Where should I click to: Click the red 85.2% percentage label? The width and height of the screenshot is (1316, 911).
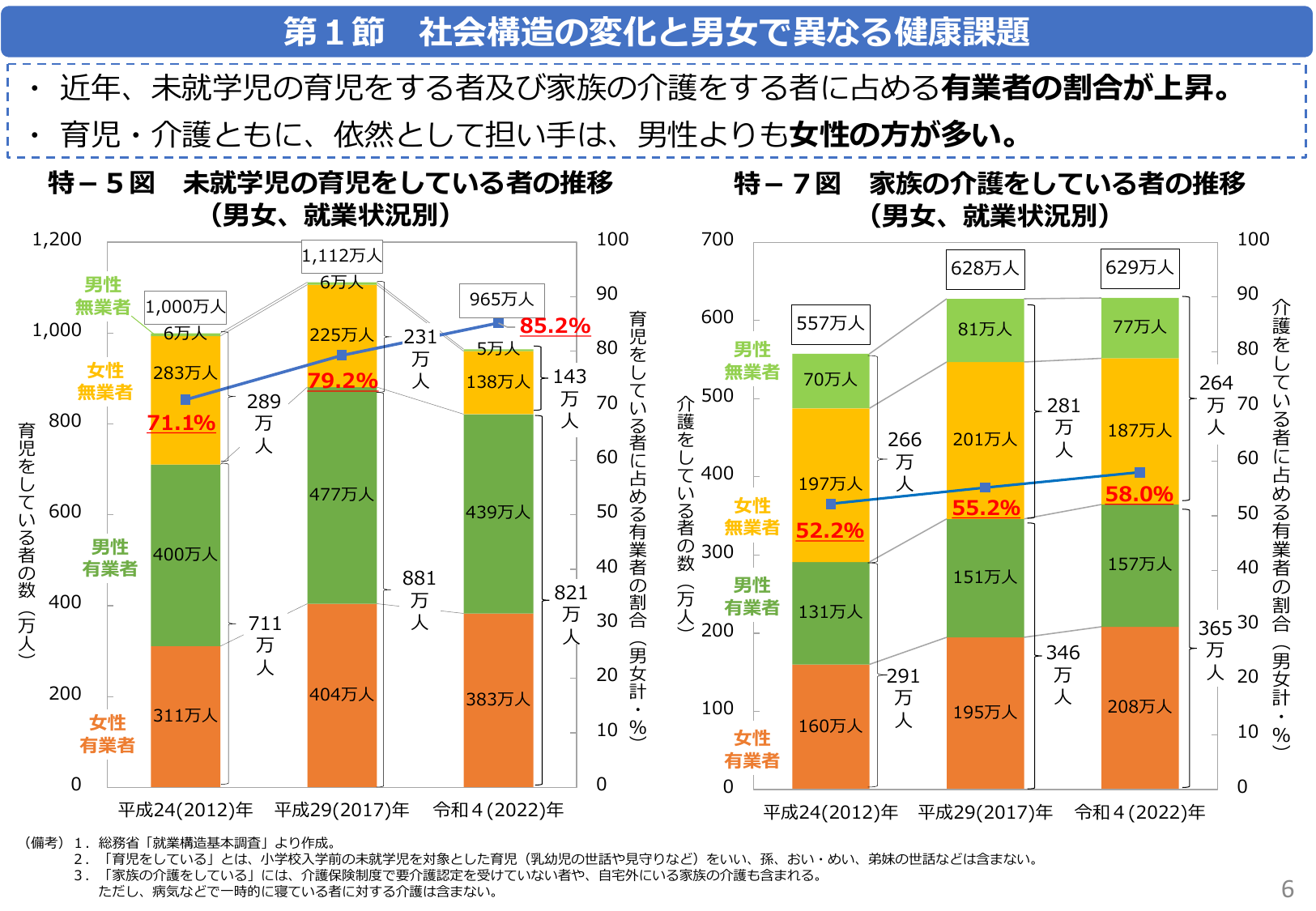click(x=555, y=326)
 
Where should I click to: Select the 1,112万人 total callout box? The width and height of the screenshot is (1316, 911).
click(x=342, y=256)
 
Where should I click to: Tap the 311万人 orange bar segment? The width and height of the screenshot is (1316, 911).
click(x=185, y=716)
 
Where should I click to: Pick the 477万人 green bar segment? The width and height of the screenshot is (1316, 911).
click(x=342, y=494)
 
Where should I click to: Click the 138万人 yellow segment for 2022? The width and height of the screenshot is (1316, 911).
click(x=498, y=381)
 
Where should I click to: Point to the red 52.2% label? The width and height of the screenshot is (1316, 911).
click(x=829, y=530)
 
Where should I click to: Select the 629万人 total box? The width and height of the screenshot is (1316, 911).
click(x=1139, y=268)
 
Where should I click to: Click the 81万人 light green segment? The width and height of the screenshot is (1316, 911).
click(x=985, y=330)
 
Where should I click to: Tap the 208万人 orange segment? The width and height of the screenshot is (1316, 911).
click(x=1139, y=707)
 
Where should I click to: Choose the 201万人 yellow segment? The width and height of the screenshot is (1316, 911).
click(x=985, y=440)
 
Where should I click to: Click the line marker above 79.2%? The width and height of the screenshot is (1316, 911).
click(x=342, y=355)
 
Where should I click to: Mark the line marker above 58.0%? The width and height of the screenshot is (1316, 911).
click(x=1139, y=472)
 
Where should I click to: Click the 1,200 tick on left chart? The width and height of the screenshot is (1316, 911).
click(x=57, y=240)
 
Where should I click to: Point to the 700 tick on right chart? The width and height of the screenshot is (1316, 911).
click(x=718, y=240)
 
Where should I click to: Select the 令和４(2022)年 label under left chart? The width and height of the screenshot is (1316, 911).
click(x=498, y=810)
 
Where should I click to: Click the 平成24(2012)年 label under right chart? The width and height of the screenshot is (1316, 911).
click(x=830, y=812)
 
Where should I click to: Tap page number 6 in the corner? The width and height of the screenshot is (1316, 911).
click(x=1288, y=889)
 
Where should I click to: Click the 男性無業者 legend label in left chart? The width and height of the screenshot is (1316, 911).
click(x=103, y=296)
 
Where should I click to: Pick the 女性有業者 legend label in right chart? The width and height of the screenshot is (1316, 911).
click(x=752, y=749)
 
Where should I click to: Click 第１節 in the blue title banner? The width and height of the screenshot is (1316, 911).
click(x=334, y=32)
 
